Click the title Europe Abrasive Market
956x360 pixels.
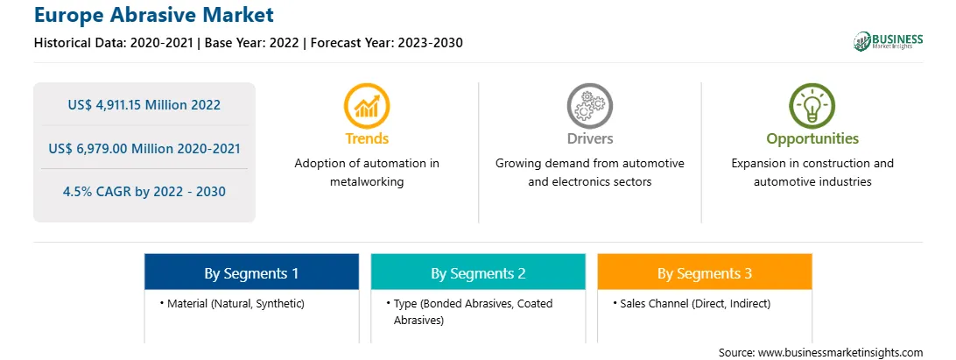[x=154, y=15]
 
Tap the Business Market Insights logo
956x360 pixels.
[x=889, y=41]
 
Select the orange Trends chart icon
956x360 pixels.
[x=367, y=106]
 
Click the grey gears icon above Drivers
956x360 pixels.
[x=589, y=106]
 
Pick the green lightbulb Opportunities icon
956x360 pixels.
[x=812, y=106]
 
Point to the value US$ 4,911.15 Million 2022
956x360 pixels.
[x=144, y=105]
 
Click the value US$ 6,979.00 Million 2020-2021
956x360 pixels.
[x=144, y=148]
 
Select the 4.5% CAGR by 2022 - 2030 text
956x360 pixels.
[x=144, y=192]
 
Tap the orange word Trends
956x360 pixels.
[x=367, y=138]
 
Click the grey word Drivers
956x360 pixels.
[x=589, y=138]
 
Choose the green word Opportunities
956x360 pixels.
[x=812, y=139]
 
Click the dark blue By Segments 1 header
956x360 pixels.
[x=252, y=272]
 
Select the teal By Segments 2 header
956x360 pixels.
[x=478, y=272]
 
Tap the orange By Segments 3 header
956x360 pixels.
[x=705, y=272]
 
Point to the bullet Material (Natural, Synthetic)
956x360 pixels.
[x=232, y=303]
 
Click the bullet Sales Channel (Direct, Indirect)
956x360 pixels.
[x=692, y=303]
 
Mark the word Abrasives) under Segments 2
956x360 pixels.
[x=418, y=320]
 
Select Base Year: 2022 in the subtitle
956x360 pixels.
[x=252, y=43]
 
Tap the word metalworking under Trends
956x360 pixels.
[x=367, y=182]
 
